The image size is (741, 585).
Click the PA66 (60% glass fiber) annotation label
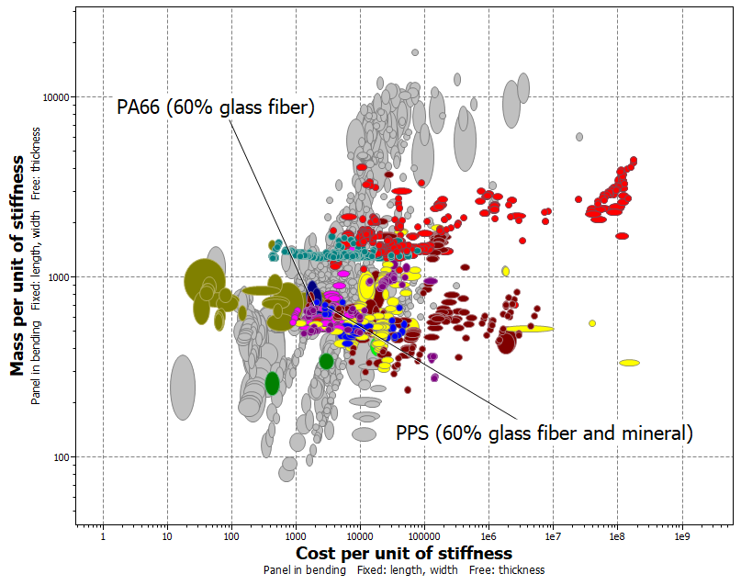(216, 107)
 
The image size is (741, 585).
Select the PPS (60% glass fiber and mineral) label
(544, 433)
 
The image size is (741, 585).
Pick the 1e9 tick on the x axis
(681, 535)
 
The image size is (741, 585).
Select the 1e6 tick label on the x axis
(488, 535)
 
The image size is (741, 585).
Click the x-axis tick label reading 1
(103, 535)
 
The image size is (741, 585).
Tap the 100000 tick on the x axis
(423, 535)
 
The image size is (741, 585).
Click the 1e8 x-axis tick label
(617, 535)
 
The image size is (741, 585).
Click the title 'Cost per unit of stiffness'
(403, 554)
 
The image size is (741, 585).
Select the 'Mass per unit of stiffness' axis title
(17, 266)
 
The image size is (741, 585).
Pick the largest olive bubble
(206, 281)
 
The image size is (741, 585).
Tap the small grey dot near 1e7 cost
(579, 137)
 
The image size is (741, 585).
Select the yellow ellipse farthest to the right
(629, 363)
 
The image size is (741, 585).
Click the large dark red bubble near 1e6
(506, 343)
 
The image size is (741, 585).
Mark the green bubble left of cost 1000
(272, 383)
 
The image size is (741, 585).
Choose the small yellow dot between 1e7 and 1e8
(592, 323)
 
